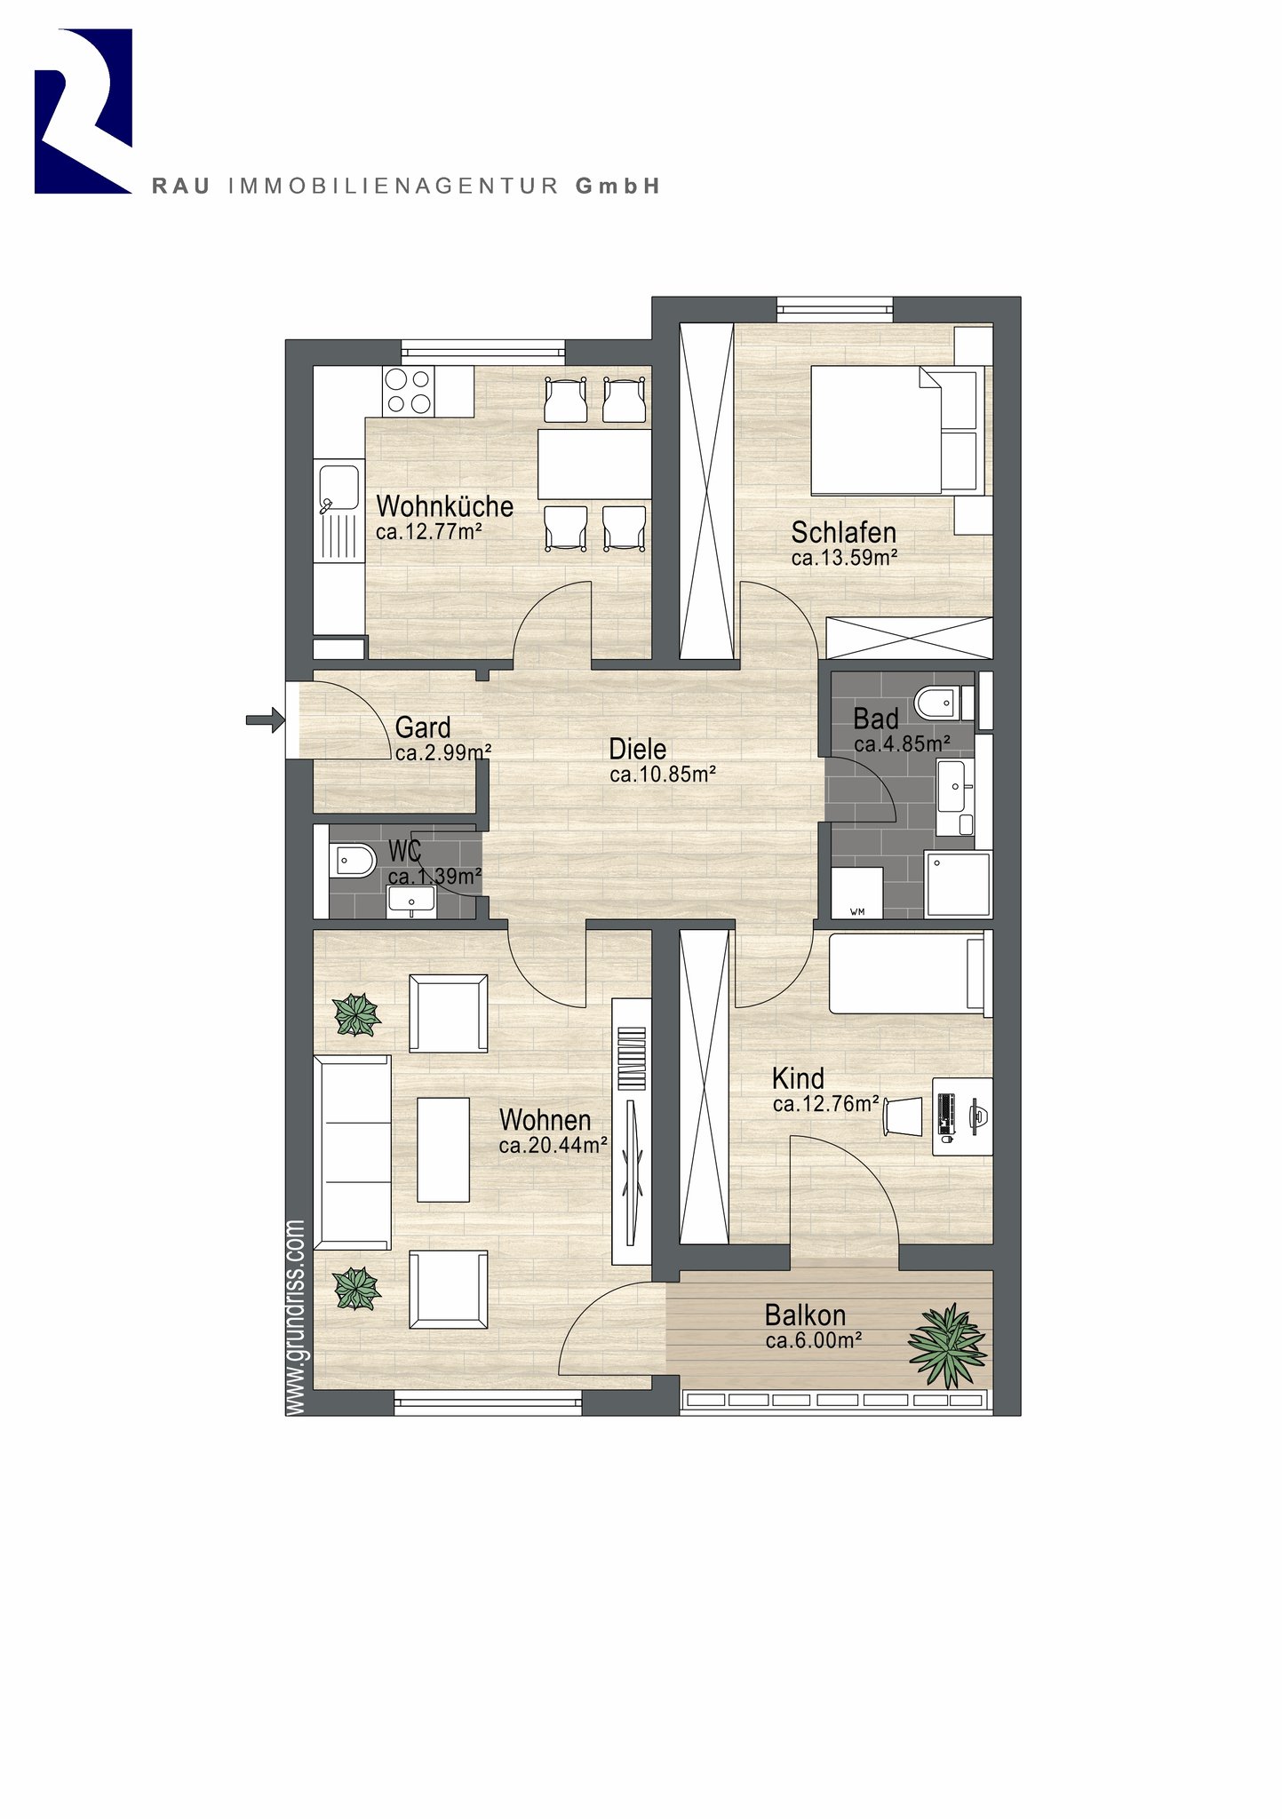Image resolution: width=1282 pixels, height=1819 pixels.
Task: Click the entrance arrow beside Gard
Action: point(265,719)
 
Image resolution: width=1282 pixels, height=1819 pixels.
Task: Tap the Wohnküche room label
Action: point(444,506)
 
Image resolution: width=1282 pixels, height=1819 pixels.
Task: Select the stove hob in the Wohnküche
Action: point(409,392)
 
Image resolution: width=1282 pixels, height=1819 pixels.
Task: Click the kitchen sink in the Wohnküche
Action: point(338,487)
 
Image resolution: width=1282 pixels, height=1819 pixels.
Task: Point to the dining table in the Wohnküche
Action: point(594,465)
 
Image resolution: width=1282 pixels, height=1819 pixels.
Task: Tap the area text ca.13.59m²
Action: point(844,558)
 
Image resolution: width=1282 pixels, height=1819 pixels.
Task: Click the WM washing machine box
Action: point(856,893)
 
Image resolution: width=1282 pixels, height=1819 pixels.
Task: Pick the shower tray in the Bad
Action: point(957,885)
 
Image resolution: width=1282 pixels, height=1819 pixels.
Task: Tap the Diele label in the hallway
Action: point(637,749)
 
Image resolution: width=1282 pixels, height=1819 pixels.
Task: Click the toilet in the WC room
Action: point(353,860)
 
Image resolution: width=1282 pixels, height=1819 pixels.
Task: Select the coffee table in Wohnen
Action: point(443,1149)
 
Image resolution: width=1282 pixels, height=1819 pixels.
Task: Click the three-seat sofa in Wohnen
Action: point(353,1152)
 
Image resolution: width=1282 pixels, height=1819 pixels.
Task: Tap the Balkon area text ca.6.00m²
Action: point(814,1341)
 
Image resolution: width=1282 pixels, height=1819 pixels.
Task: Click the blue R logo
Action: point(84,111)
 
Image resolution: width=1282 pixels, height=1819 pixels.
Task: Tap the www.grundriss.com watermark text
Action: point(296,1319)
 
